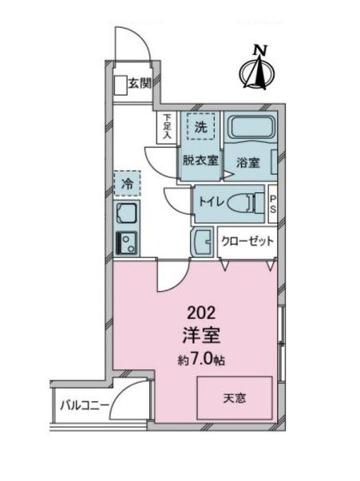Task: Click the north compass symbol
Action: (x=257, y=69)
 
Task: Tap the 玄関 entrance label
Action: (x=138, y=82)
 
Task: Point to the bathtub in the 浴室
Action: (x=251, y=128)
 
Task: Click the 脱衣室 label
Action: (x=200, y=160)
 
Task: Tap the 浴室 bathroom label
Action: (x=247, y=161)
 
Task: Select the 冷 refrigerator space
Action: (x=127, y=184)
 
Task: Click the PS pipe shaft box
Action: (x=272, y=203)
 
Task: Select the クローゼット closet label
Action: (x=247, y=241)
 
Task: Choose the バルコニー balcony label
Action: (x=84, y=406)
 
